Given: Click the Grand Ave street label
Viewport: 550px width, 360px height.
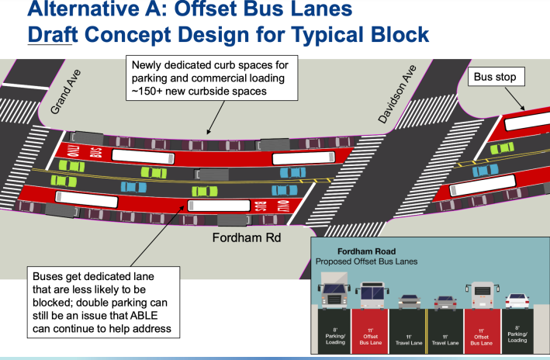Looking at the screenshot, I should tap(66, 92).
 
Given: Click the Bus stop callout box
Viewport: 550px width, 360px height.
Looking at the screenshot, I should tap(496, 78).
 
